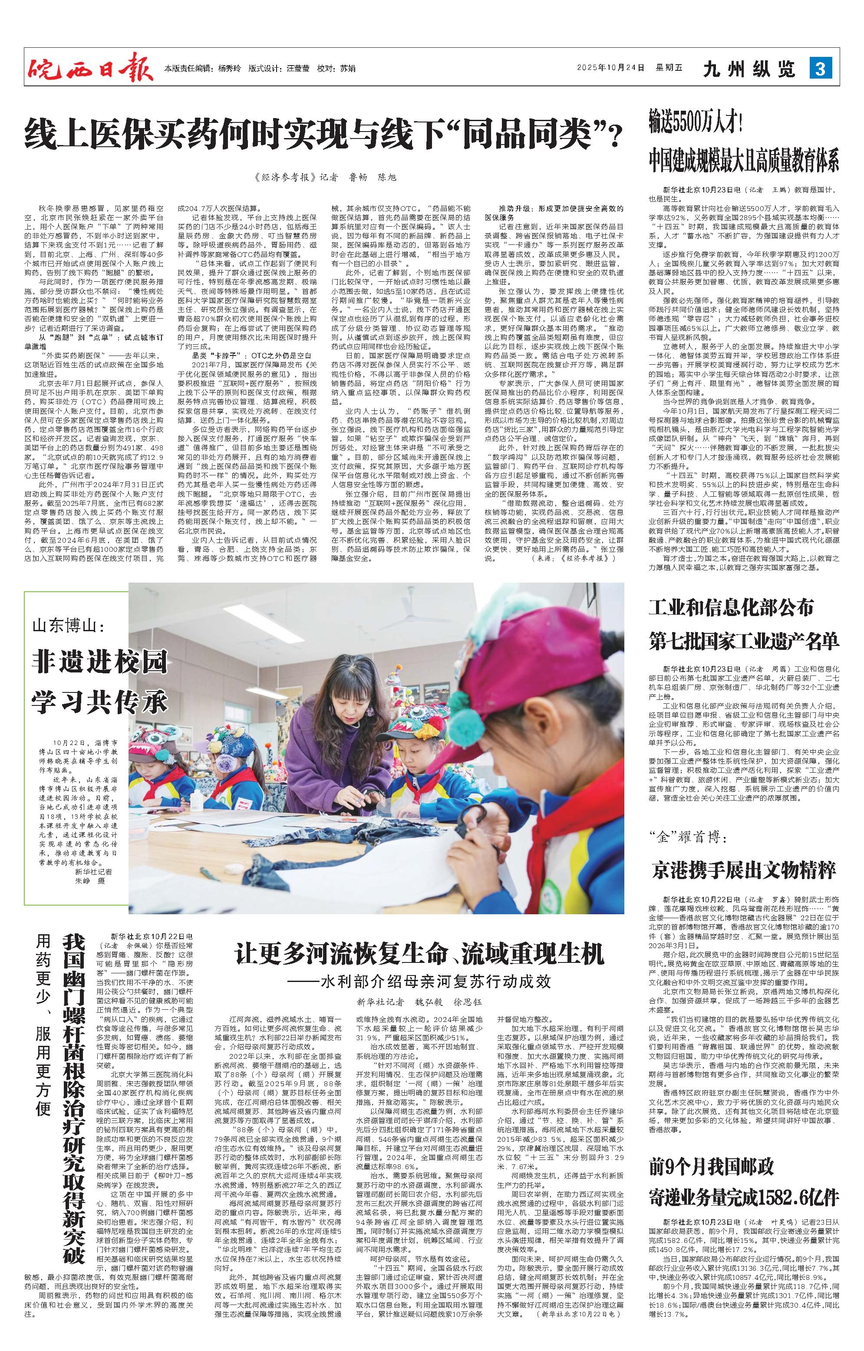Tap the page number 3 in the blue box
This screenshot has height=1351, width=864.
tap(820, 69)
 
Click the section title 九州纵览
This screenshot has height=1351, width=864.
tap(749, 69)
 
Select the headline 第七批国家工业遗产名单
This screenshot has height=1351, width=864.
tap(744, 640)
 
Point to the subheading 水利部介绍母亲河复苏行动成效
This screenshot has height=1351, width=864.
tap(436, 981)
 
